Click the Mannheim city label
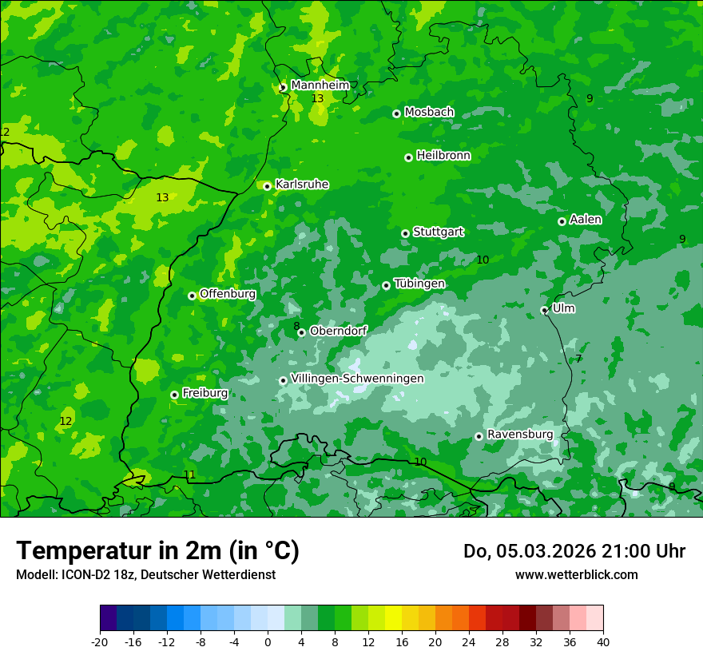[x=320, y=85]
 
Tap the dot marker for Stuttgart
[x=406, y=233]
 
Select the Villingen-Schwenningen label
[x=357, y=379]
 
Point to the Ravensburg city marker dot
[x=479, y=436]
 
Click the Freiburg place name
[x=205, y=393]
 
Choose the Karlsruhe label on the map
[x=301, y=185]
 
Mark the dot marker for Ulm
[x=545, y=310]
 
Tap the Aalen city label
[x=586, y=220]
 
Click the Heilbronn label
[x=443, y=156]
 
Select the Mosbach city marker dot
[x=396, y=113]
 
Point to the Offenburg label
[x=228, y=294]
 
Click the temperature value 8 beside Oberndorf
[x=296, y=326]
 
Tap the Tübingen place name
[x=419, y=284]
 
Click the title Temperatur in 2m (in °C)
[x=157, y=551]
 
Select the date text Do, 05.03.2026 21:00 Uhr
[x=574, y=551]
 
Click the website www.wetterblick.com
[x=576, y=575]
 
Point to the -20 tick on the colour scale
[x=100, y=641]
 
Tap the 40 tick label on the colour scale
[x=603, y=641]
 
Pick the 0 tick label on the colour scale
[x=268, y=641]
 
